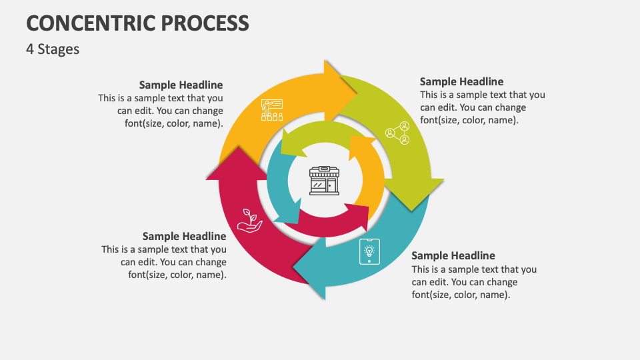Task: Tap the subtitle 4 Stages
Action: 53,49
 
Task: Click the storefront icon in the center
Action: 325,181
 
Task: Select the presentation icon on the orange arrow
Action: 272,109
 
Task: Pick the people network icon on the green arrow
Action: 397,133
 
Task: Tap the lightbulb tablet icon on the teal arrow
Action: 369,251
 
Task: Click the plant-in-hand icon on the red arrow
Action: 250,220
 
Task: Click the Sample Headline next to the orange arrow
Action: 181,85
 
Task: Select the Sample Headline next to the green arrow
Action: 461,82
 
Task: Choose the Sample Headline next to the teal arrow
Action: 453,255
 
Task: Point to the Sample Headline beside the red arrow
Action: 184,236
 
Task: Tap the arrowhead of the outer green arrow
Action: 414,191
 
